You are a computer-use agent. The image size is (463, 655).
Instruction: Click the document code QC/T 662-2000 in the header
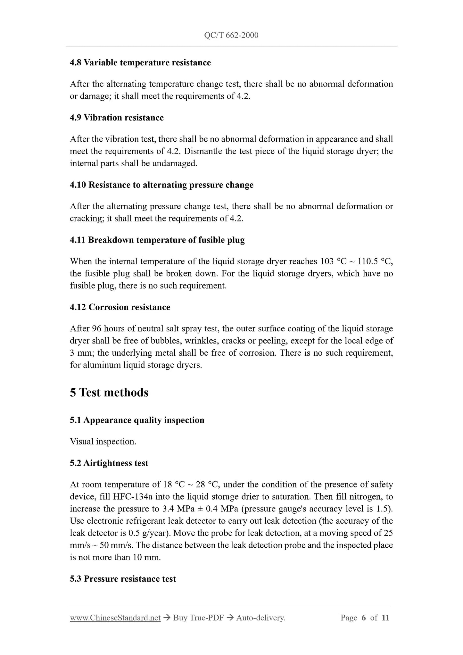(x=231, y=35)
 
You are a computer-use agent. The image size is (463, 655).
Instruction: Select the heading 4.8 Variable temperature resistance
(x=140, y=62)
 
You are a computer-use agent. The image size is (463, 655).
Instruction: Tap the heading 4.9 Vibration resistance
(x=117, y=118)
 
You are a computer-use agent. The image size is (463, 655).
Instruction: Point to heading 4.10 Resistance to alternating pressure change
(x=161, y=185)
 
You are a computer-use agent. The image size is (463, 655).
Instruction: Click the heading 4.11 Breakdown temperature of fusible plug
(x=157, y=240)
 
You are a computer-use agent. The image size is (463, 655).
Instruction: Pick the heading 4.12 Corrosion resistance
(x=120, y=307)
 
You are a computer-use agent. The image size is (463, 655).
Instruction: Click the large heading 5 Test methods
(x=109, y=393)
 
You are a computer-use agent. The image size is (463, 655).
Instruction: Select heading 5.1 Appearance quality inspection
(x=137, y=420)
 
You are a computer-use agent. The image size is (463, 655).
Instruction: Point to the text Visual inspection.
(x=103, y=442)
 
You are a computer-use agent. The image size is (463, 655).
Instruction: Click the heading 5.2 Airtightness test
(x=109, y=463)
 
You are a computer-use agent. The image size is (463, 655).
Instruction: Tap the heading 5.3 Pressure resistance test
(x=123, y=579)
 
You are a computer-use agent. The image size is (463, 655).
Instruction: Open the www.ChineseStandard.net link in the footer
(x=115, y=618)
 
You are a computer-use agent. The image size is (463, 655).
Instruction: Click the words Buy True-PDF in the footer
(x=198, y=618)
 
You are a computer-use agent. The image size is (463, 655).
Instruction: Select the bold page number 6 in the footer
(x=363, y=618)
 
